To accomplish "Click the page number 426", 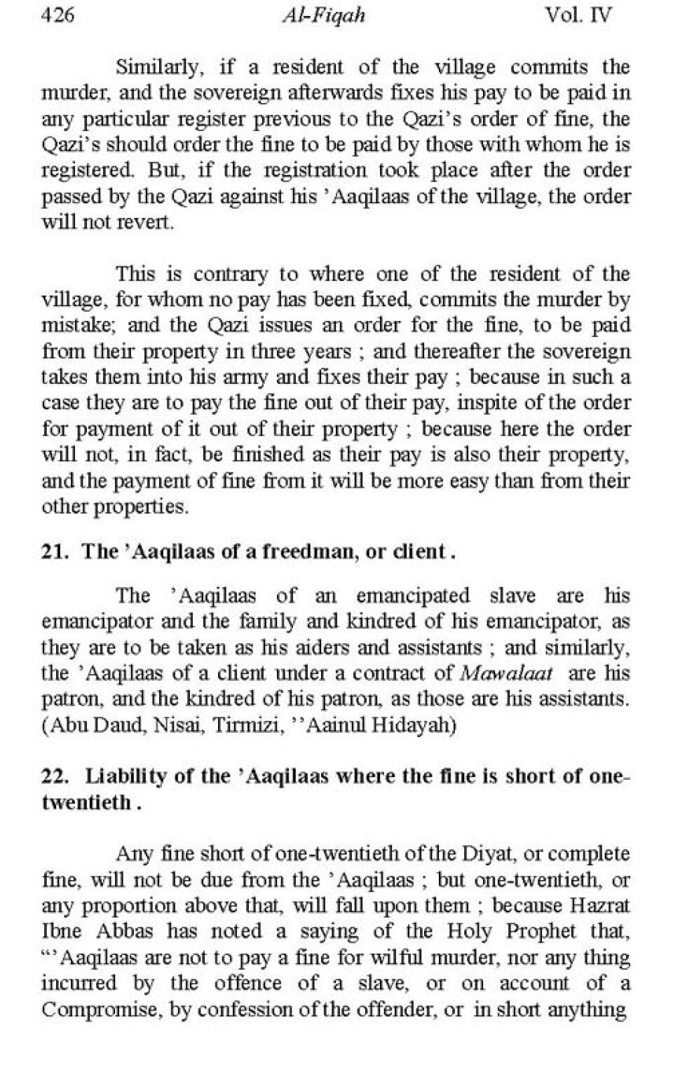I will (57, 15).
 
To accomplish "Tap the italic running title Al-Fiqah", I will (323, 15).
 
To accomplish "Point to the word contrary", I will (230, 273).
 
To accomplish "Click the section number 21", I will (54, 551).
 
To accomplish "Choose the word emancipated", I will (413, 596).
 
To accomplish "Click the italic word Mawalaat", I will (506, 674).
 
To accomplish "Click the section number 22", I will (54, 776).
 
